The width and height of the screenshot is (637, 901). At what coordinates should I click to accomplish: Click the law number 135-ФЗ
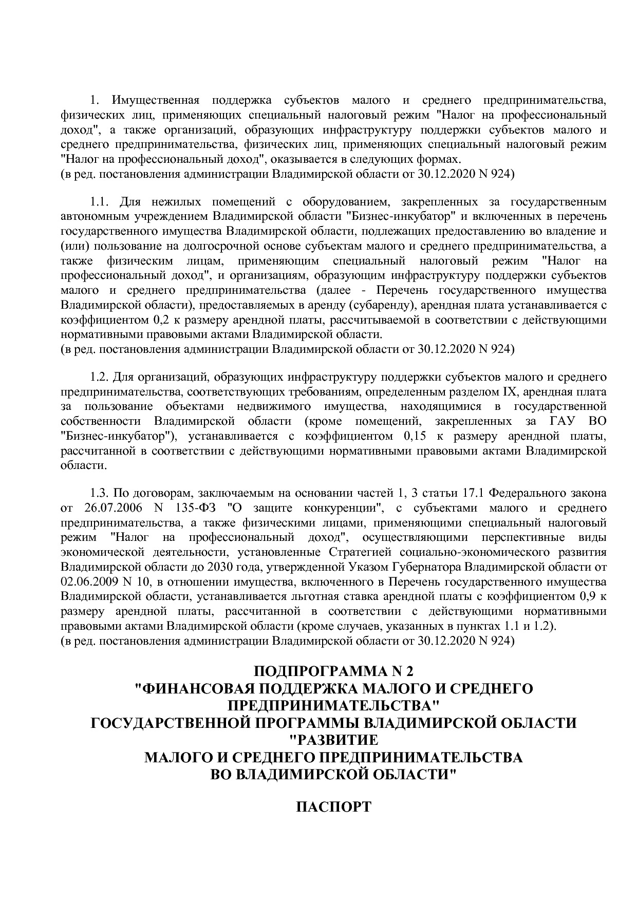[198, 508]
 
